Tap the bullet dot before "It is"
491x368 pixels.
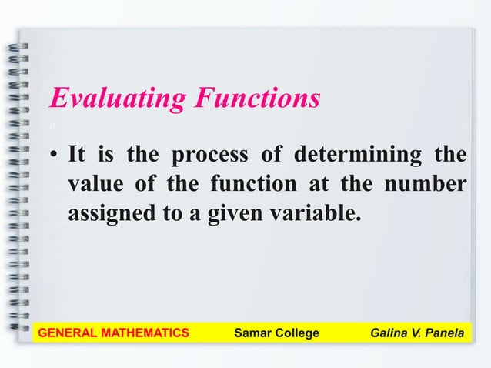55,156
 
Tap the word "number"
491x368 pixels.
425,185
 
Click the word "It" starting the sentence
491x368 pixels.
77,156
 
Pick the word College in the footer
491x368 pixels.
296,333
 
